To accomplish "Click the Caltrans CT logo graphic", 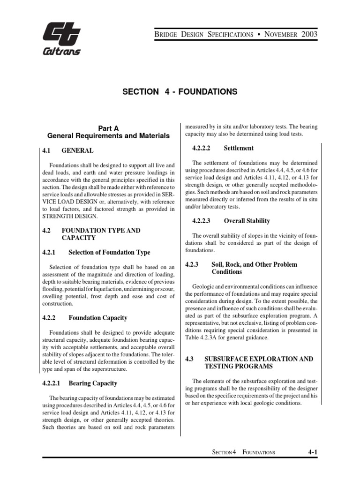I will point(61,35).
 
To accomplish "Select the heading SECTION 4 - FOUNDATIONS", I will point(180,92).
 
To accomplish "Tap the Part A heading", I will point(108,128).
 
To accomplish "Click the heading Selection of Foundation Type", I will point(109,252).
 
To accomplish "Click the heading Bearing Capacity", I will point(93,383).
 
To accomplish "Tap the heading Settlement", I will point(239,148).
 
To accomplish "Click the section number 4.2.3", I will point(193,264).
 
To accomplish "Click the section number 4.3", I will point(189,359).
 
